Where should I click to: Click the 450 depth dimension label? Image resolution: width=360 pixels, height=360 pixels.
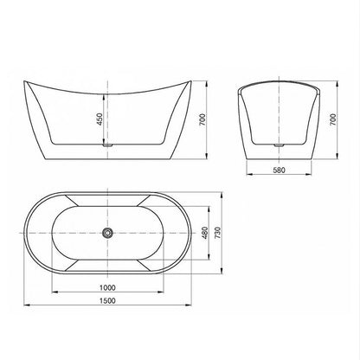click(x=99, y=119)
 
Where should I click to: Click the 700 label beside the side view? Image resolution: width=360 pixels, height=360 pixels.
click(x=202, y=119)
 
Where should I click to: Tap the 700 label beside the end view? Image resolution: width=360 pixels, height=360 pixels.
click(x=333, y=119)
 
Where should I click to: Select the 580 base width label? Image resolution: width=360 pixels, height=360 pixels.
click(x=279, y=170)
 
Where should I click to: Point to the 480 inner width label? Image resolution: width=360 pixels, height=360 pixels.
click(x=204, y=233)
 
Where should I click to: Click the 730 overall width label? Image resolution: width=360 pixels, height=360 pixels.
click(x=218, y=233)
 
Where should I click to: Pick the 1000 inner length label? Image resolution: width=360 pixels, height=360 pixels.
click(x=107, y=287)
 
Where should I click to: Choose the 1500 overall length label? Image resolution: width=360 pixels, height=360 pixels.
click(x=107, y=300)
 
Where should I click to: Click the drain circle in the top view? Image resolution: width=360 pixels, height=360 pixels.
click(x=107, y=233)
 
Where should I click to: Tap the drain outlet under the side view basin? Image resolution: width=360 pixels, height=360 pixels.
click(x=107, y=145)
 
